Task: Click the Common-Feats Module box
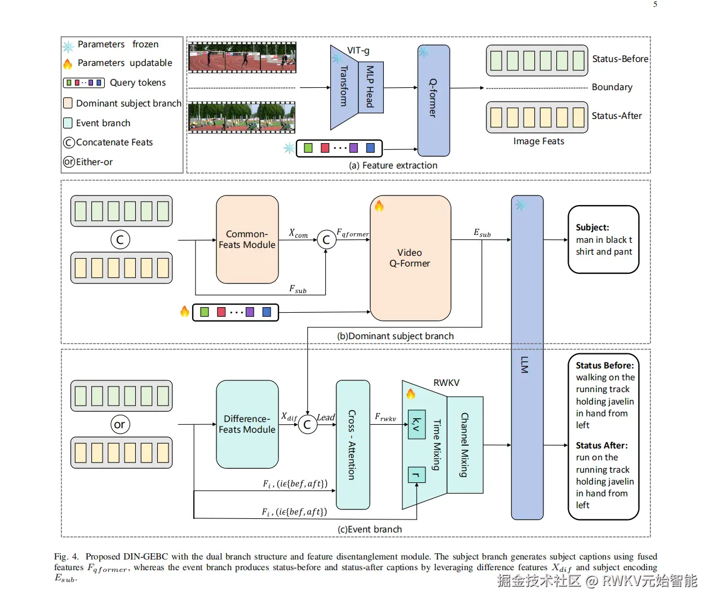[x=247, y=239]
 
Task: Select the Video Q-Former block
[x=410, y=258]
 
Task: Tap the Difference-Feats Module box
[x=247, y=424]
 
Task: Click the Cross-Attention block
[x=352, y=445]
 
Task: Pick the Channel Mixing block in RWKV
[x=465, y=445]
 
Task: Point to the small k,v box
[x=417, y=424]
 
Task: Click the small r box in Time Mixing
[x=417, y=475]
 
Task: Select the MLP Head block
[x=370, y=87]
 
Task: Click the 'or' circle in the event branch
[x=120, y=424]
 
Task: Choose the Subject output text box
[x=603, y=239]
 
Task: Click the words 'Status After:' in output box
[x=601, y=445]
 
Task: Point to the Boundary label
[x=612, y=87]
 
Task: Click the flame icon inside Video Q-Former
[x=379, y=206]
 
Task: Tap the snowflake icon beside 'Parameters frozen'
[x=68, y=46]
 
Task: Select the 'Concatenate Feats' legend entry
[x=114, y=143]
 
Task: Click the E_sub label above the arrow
[x=482, y=233]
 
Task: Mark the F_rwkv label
[x=386, y=417]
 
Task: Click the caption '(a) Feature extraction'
[x=393, y=165]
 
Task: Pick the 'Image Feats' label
[x=538, y=141]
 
